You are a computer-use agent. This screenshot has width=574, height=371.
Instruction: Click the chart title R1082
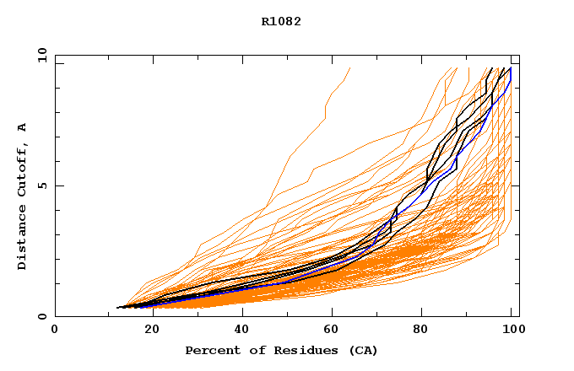(x=281, y=22)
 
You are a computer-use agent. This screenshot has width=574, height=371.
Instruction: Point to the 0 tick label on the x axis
(x=55, y=330)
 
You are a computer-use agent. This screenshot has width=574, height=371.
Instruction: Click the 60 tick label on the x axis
(x=333, y=330)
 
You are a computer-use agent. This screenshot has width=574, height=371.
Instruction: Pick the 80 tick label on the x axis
(x=426, y=330)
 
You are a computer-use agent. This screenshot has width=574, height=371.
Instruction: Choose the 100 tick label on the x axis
(x=511, y=330)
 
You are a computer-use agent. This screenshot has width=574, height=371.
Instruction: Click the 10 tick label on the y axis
(x=41, y=56)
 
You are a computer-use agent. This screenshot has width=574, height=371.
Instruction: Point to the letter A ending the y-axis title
(x=23, y=127)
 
